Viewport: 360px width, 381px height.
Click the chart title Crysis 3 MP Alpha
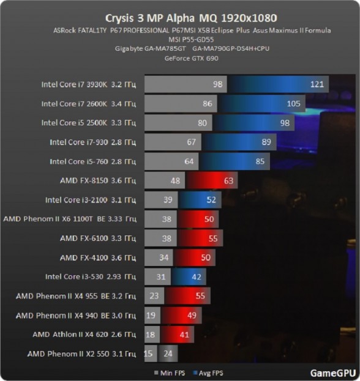(x=150, y=18)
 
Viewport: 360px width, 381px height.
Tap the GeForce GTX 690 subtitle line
(x=192, y=58)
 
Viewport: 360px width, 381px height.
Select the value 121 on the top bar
(x=317, y=84)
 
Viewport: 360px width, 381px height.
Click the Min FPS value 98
(x=217, y=84)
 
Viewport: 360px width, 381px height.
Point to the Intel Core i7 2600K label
(x=89, y=104)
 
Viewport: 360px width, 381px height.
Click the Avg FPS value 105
(x=294, y=104)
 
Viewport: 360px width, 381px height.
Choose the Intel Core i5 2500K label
(x=89, y=123)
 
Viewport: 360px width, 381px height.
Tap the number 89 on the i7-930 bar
(x=266, y=142)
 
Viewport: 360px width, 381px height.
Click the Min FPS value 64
(x=189, y=161)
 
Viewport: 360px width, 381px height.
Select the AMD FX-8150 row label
(x=98, y=180)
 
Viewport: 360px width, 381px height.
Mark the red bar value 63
(x=228, y=180)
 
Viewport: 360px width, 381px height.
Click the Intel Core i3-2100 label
(x=91, y=200)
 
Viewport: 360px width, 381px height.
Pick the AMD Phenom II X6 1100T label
(x=70, y=219)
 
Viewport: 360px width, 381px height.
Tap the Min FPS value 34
(x=163, y=257)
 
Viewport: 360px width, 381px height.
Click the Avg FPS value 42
(x=197, y=277)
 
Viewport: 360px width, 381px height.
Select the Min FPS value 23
(x=154, y=296)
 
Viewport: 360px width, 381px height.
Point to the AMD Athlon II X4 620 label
(x=84, y=335)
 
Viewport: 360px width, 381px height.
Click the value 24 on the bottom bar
(x=168, y=353)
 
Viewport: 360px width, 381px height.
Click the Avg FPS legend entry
(x=208, y=373)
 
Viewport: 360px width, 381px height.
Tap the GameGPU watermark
(x=333, y=373)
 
